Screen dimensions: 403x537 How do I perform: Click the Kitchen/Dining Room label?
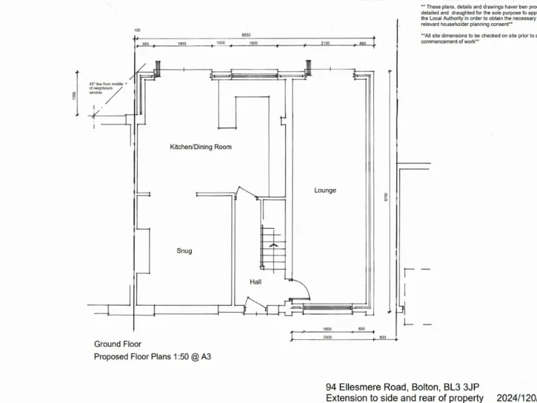[201, 147]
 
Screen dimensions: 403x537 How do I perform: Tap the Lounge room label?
[325, 190]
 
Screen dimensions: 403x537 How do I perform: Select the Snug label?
[184, 250]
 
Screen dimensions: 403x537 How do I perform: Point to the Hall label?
[256, 282]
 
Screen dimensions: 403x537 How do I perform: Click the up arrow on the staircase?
[273, 246]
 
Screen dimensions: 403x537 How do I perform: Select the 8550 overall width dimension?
[246, 35]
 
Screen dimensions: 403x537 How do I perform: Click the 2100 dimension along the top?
[325, 43]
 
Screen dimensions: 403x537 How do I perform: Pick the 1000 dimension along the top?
[221, 43]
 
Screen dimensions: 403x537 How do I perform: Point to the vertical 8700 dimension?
[385, 198]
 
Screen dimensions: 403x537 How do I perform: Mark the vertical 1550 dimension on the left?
[74, 95]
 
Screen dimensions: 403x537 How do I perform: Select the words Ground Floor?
[117, 344]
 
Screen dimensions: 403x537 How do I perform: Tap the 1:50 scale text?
[176, 357]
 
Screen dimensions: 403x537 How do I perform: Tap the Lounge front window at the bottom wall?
[327, 306]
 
